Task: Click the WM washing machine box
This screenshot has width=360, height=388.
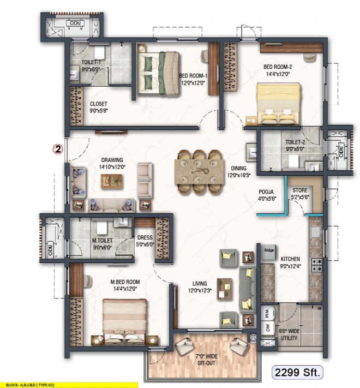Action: (x=267, y=313)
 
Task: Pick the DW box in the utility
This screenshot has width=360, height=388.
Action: (x=267, y=328)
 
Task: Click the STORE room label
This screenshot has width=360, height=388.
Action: (x=299, y=191)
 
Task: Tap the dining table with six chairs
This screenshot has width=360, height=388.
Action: (x=200, y=170)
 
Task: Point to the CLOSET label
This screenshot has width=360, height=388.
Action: (x=99, y=104)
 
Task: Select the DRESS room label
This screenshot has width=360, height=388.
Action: (x=145, y=237)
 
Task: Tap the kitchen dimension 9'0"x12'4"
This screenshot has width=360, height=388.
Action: (x=290, y=266)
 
